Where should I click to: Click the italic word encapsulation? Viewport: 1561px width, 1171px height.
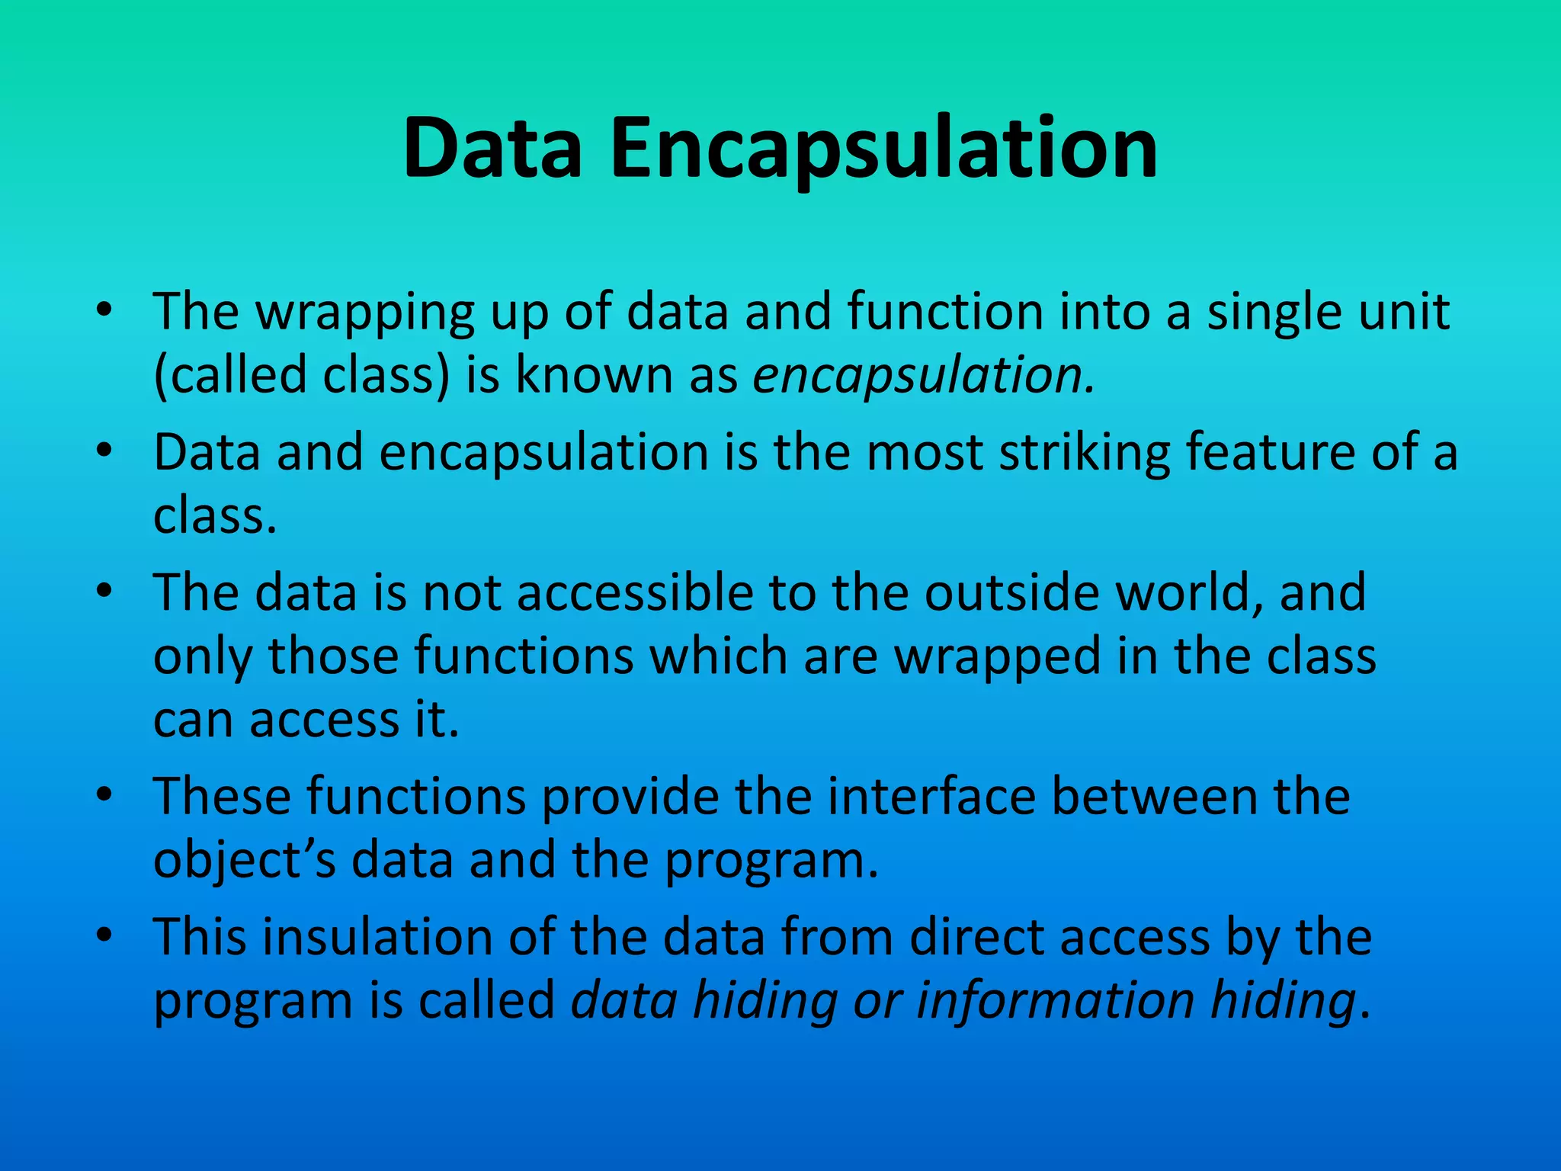[x=923, y=377]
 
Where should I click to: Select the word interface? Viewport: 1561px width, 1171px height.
[x=931, y=797]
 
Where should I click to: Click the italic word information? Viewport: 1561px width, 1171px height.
[x=1055, y=1000]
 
